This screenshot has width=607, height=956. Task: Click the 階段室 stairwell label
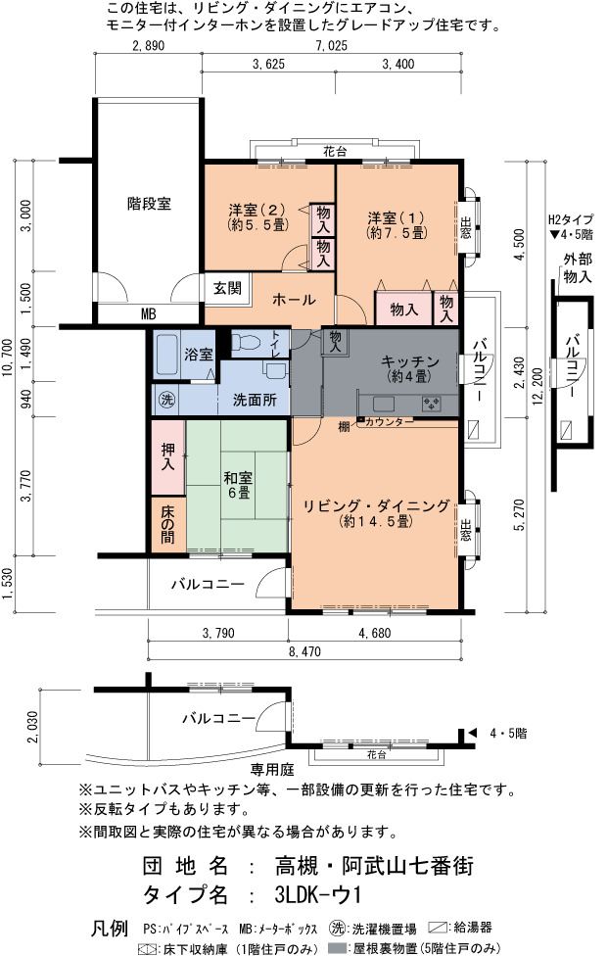[x=149, y=203]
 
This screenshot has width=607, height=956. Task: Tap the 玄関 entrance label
[x=227, y=288]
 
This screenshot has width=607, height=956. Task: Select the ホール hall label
[x=294, y=300]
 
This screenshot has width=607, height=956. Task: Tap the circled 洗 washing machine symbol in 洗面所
[x=166, y=400]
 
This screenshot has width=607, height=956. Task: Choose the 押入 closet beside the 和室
[x=168, y=457]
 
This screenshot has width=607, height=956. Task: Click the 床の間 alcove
[x=168, y=524]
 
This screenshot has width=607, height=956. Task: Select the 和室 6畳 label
[x=238, y=486]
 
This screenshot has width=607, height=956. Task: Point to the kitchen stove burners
[x=432, y=403]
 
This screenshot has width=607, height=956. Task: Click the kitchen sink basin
[x=384, y=403]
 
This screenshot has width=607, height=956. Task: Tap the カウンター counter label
[x=390, y=421]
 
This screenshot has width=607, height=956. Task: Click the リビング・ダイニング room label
[x=377, y=506]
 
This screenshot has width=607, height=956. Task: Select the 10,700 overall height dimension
[x=7, y=358]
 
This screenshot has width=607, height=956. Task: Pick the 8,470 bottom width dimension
[x=304, y=651]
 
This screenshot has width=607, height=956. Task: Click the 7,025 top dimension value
[x=332, y=46]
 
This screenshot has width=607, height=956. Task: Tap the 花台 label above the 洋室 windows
[x=335, y=152]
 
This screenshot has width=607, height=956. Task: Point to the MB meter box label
[x=149, y=314]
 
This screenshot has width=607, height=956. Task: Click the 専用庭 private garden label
[x=272, y=770]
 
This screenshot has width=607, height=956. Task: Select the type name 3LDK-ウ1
[x=317, y=895]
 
